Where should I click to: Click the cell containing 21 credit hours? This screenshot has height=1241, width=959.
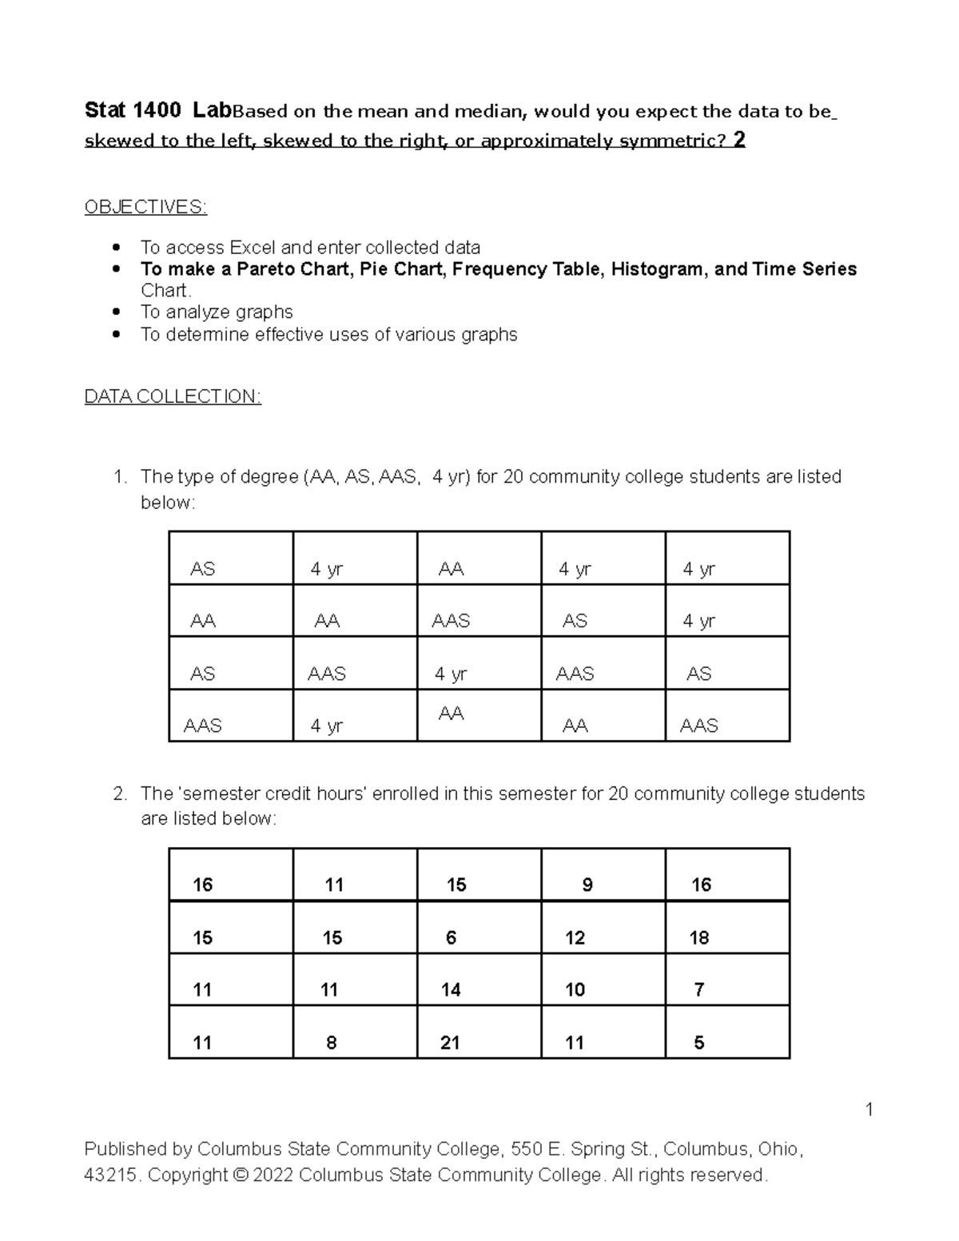click(x=450, y=1043)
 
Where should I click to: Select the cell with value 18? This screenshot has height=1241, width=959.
click(x=699, y=938)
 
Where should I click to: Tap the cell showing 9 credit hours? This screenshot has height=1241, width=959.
click(x=587, y=885)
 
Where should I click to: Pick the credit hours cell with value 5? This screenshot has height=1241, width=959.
click(x=699, y=1043)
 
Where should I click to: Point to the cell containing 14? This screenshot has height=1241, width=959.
click(x=451, y=990)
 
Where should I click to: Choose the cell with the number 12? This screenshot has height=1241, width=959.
click(x=575, y=938)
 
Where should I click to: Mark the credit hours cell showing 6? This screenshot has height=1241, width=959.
click(x=451, y=938)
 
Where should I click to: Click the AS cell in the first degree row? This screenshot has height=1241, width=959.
click(x=202, y=570)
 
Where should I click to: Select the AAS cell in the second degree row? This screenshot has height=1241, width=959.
click(x=451, y=622)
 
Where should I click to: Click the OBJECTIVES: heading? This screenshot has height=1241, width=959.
click(x=145, y=208)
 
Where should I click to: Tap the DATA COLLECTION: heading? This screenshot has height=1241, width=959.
click(x=173, y=397)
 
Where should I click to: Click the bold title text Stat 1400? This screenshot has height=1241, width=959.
click(x=133, y=111)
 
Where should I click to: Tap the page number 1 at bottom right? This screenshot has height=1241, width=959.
click(x=869, y=1110)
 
